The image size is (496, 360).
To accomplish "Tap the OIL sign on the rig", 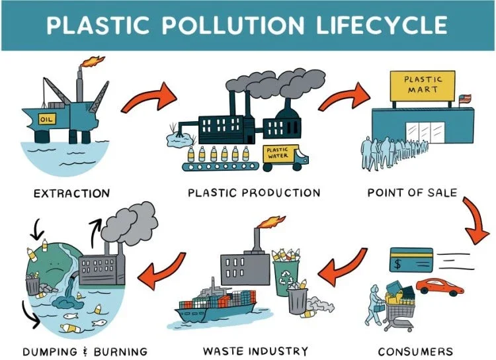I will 46,119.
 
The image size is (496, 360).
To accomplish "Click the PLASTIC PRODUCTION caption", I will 254,193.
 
